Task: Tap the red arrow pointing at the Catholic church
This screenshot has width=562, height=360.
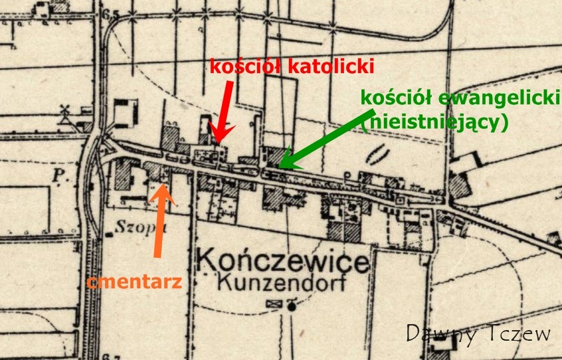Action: (222, 109)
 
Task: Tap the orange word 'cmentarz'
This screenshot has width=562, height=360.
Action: (134, 282)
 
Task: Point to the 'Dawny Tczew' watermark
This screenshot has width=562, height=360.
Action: (478, 333)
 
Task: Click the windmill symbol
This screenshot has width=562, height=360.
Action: (65, 113)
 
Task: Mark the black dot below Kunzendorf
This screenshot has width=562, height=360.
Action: (292, 306)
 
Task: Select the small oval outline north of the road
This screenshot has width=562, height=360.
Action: (376, 155)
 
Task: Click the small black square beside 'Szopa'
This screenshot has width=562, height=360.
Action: (108, 234)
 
